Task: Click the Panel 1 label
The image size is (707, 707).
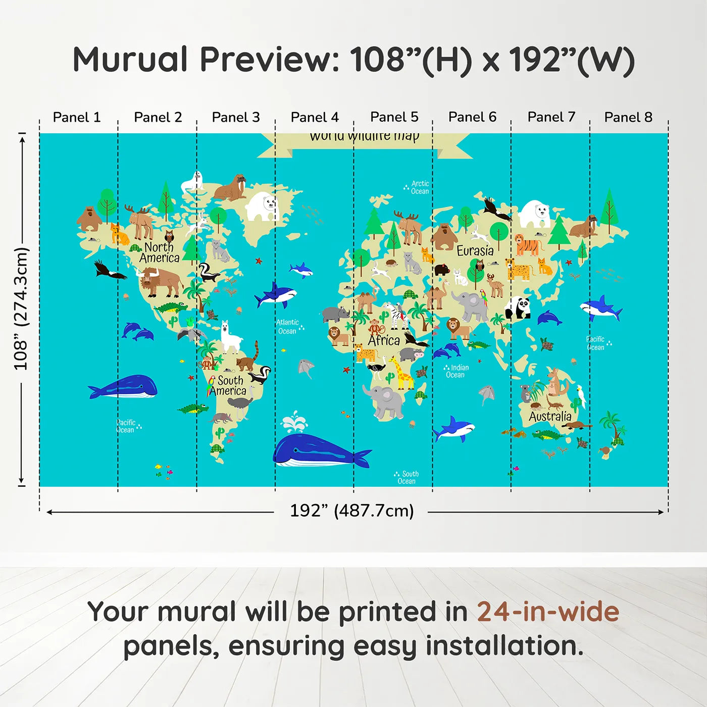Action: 77,117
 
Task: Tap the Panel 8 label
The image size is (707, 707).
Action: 628,117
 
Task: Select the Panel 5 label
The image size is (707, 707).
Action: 394,117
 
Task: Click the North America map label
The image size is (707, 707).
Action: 159,252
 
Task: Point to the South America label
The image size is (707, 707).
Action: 228,385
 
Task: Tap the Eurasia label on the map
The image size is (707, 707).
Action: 475,250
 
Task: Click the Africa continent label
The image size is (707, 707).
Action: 384,340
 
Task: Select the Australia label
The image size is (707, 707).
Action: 550,416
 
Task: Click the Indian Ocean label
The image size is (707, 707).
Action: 457,371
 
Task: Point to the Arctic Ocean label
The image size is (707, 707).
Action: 419,187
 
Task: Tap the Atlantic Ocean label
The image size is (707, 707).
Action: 288,327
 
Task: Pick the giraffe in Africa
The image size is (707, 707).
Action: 401,374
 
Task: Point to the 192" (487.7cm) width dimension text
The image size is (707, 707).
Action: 351,511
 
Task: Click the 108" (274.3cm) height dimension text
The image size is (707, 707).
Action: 21,309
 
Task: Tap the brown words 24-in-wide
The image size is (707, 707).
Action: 547,612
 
